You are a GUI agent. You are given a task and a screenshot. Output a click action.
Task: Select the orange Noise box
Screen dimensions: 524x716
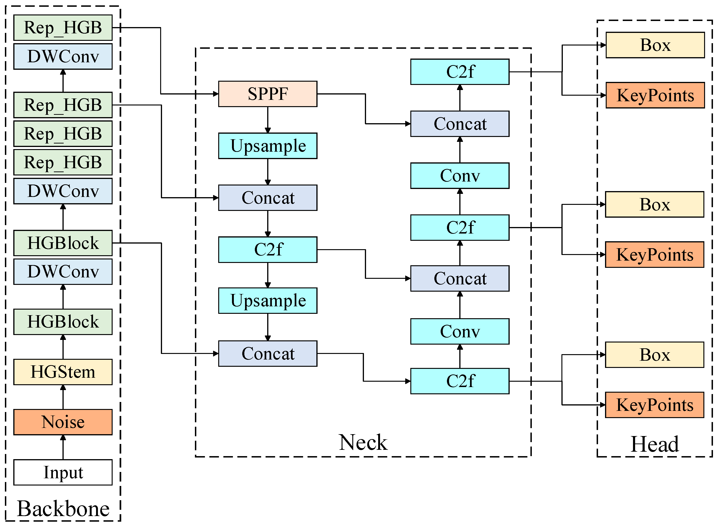coord(63,422)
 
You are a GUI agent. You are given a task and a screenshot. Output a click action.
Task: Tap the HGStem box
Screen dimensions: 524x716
coord(63,372)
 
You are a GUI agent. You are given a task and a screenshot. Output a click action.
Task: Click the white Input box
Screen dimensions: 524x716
coord(63,472)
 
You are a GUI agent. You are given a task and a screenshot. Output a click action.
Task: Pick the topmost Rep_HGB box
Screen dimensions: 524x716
coord(63,28)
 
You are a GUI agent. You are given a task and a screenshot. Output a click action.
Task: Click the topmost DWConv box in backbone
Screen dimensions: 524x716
coord(63,56)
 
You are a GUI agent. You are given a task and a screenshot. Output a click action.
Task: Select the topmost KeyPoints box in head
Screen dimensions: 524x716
coord(655,95)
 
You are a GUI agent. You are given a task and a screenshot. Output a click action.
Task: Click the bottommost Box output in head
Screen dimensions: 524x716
coord(654,355)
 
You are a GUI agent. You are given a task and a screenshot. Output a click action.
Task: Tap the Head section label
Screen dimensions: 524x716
coord(654,444)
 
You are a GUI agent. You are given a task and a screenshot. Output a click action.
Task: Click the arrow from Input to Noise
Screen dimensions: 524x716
coord(63,447)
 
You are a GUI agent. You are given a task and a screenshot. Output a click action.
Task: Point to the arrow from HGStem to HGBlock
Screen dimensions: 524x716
coord(63,347)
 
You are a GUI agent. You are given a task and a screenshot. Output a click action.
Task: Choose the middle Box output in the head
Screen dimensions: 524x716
coord(654,204)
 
